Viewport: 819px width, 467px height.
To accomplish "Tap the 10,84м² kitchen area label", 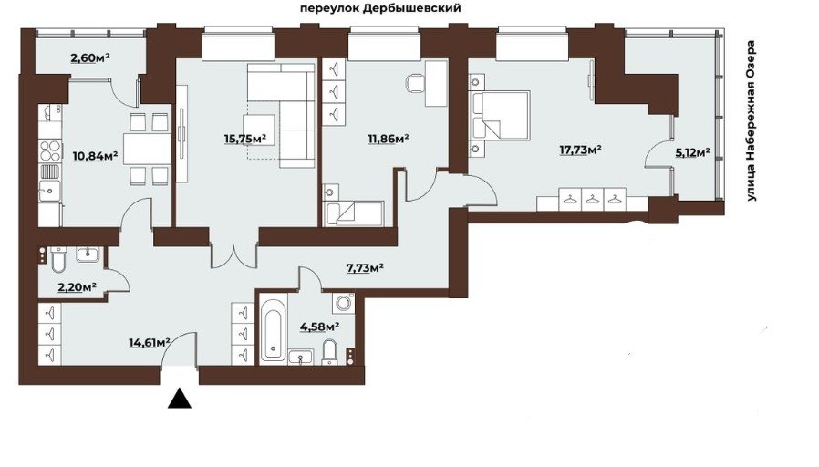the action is click(96, 156).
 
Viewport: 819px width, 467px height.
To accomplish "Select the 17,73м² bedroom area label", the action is click(580, 150).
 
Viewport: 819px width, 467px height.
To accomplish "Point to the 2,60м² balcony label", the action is click(90, 57).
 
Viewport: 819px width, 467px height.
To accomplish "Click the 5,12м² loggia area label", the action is click(692, 152).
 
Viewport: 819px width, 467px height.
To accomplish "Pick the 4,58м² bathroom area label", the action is click(319, 327).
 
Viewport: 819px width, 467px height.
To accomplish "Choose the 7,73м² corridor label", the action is click(365, 268).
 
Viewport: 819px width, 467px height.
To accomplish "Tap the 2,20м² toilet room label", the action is click(77, 286).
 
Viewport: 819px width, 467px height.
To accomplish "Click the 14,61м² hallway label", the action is click(150, 343).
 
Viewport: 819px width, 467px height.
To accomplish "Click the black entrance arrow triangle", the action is click(179, 398).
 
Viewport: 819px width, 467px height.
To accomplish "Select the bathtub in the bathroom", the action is click(274, 329).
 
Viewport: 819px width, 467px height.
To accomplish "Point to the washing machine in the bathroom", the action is click(344, 303).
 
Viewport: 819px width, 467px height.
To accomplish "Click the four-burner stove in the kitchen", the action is click(51, 150).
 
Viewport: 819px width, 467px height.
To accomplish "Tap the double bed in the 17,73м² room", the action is click(502, 116).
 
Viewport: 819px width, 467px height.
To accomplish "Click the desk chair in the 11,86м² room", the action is click(415, 83).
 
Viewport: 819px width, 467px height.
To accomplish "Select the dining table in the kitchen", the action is click(147, 149).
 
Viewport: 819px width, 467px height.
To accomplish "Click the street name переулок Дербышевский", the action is click(381, 8).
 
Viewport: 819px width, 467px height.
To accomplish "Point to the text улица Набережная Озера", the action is click(752, 120).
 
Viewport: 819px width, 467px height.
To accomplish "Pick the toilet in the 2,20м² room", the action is click(58, 261).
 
